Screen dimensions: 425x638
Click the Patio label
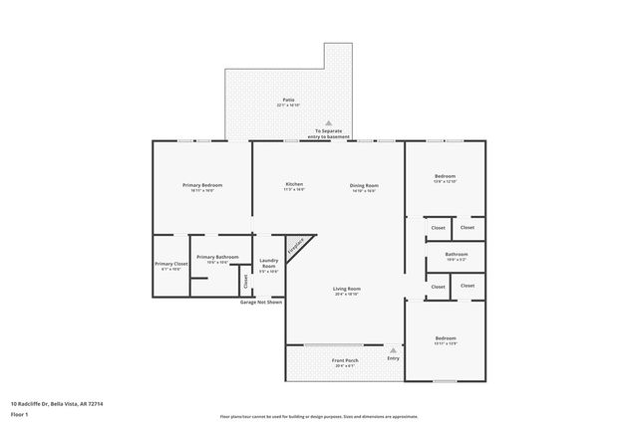click(288, 101)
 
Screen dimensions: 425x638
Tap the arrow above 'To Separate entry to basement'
click(328, 122)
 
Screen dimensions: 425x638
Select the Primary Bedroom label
click(201, 186)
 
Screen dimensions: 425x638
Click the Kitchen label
click(294, 184)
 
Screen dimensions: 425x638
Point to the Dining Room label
click(363, 186)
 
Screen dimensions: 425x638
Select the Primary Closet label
click(171, 266)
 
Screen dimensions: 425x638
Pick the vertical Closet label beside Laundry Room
click(245, 281)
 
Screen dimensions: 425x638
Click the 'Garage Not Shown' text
click(261, 302)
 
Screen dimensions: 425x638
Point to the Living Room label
click(346, 291)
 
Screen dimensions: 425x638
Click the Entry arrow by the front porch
click(393, 350)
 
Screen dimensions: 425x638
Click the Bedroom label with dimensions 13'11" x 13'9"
click(445, 339)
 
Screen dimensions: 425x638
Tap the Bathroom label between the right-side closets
click(457, 256)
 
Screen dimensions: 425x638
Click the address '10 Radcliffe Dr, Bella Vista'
click(57, 403)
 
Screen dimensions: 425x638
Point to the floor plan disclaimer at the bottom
click(318, 417)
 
